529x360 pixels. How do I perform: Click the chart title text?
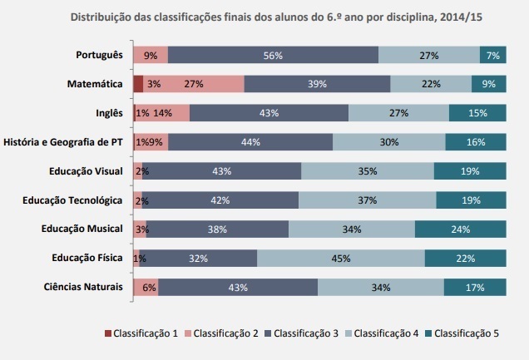coord(264,16)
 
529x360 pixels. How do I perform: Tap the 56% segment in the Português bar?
coord(273,55)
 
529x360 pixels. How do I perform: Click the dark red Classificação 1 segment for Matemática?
coord(138,84)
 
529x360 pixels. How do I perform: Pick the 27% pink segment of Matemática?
coord(194,84)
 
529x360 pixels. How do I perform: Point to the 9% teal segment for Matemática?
coord(489,84)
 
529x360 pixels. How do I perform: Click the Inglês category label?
coord(110,113)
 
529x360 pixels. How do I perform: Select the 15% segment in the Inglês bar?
coord(477,113)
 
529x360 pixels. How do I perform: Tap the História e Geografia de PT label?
coord(63,142)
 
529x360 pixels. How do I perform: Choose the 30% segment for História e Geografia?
coord(388,142)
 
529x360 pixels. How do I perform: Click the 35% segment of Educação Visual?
coord(367,171)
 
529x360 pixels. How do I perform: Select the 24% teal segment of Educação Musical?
coord(461,229)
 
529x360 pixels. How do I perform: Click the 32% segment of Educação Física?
coord(198,258)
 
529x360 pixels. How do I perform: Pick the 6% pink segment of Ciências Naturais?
coord(148,287)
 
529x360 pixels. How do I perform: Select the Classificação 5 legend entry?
coord(463,333)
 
